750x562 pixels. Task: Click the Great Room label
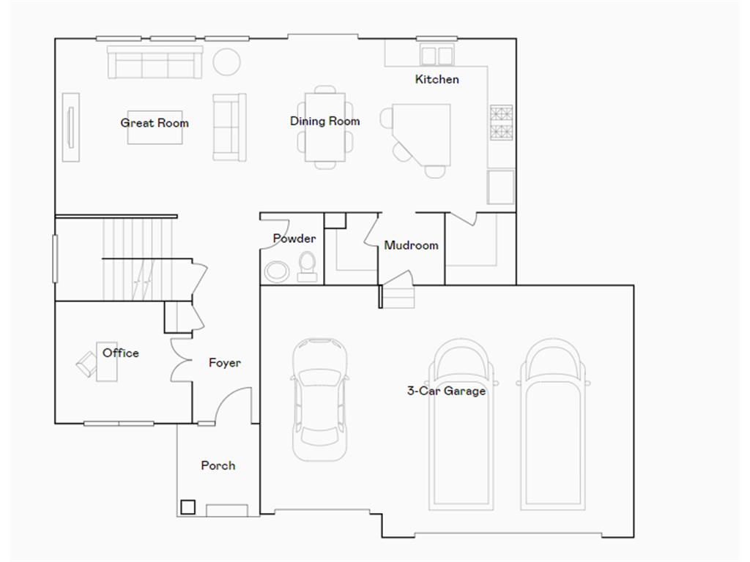click(x=155, y=123)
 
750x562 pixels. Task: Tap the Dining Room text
click(x=324, y=121)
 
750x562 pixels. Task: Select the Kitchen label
click(x=437, y=79)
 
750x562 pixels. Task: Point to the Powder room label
click(x=294, y=239)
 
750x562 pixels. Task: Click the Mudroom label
click(x=411, y=245)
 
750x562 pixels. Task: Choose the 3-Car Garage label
click(x=446, y=391)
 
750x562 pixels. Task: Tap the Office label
click(x=121, y=353)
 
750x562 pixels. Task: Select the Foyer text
click(x=224, y=363)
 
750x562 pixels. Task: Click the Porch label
click(x=218, y=465)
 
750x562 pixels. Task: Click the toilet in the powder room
click(x=308, y=266)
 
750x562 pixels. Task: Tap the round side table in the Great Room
click(x=226, y=61)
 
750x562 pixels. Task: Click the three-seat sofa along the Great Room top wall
click(x=155, y=62)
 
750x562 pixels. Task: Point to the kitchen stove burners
click(x=501, y=123)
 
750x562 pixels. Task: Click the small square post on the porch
click(x=187, y=506)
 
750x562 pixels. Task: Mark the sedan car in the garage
click(x=320, y=399)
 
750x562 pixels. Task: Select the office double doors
click(x=180, y=359)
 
